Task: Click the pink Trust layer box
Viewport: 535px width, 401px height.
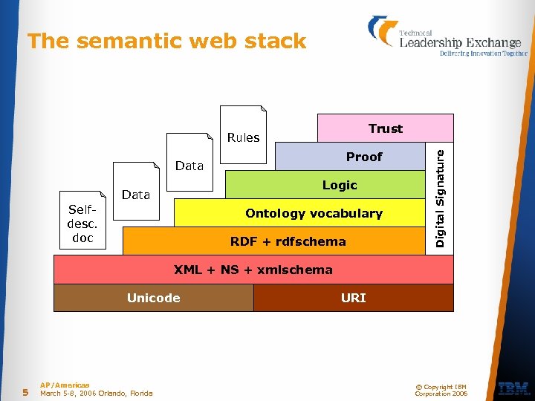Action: pyautogui.click(x=385, y=128)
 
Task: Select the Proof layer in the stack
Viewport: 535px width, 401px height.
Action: pyautogui.click(x=363, y=157)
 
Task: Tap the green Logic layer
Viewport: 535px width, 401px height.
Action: pyautogui.click(x=339, y=185)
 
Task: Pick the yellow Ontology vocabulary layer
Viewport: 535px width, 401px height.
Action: pyautogui.click(x=314, y=213)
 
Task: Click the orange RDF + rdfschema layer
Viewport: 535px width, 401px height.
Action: pyautogui.click(x=288, y=241)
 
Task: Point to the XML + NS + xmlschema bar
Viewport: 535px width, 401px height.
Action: pyautogui.click(x=253, y=270)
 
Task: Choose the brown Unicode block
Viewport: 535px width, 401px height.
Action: pyautogui.click(x=154, y=298)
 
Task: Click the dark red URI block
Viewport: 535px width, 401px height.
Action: pyautogui.click(x=353, y=298)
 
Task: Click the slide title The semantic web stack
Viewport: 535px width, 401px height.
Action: pyautogui.click(x=166, y=41)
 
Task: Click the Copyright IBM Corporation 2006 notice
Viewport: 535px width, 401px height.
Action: pyautogui.click(x=441, y=390)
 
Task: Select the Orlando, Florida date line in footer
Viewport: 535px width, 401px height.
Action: pyautogui.click(x=96, y=394)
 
